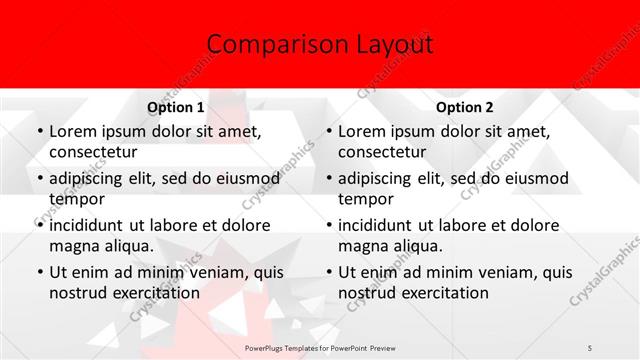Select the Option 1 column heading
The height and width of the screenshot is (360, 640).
[x=176, y=106]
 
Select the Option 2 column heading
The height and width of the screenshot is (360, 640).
[x=465, y=106]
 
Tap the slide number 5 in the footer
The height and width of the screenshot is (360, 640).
[x=590, y=346]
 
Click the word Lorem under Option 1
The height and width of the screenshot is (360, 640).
[x=73, y=131]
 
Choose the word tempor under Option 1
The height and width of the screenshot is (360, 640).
[x=75, y=199]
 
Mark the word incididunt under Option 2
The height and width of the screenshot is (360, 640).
[x=381, y=225]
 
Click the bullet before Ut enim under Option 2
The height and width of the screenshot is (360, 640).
[x=328, y=272]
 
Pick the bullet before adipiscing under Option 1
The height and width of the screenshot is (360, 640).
[x=39, y=179]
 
